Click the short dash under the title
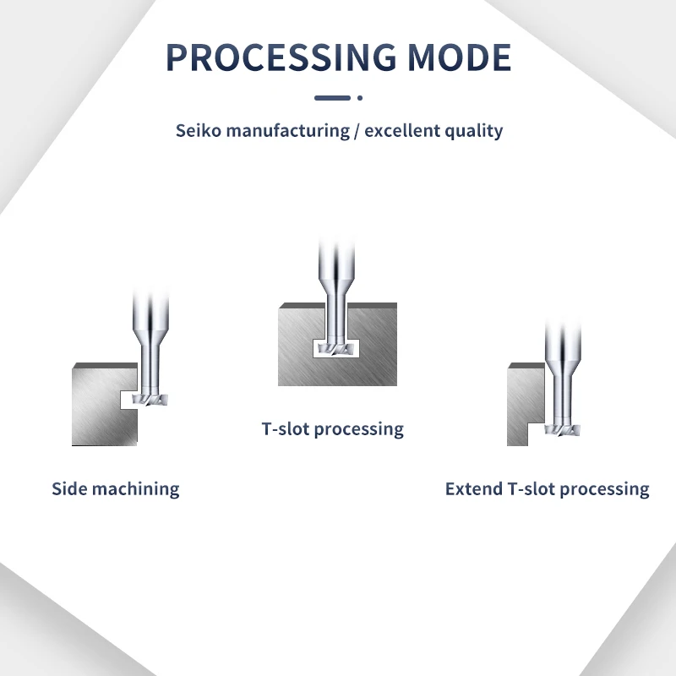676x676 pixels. (331, 98)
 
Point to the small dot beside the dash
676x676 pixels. (360, 98)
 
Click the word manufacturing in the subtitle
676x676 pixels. (287, 131)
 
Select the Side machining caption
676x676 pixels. (116, 488)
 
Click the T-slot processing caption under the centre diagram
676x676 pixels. (333, 429)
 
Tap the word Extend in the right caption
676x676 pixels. (473, 489)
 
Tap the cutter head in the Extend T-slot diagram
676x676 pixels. (563, 430)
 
